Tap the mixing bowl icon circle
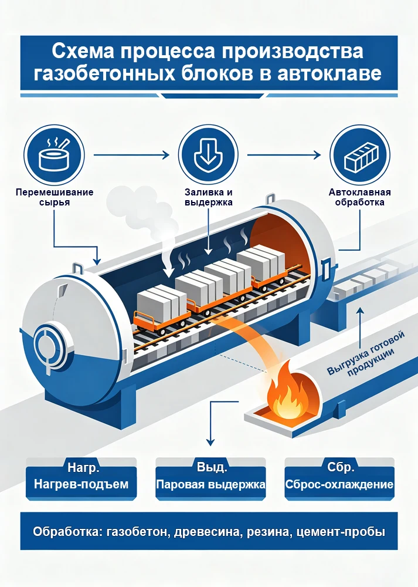tap(54, 154)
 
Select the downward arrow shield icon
tap(208, 154)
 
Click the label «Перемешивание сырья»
tap(55, 197)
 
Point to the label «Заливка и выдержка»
tap(209, 197)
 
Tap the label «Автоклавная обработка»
tap(360, 197)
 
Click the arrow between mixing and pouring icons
tap(131, 154)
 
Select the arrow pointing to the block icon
tap(284, 154)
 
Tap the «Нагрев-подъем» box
tap(81, 478)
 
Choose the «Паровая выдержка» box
tap(210, 478)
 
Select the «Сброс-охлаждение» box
tap(339, 478)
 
